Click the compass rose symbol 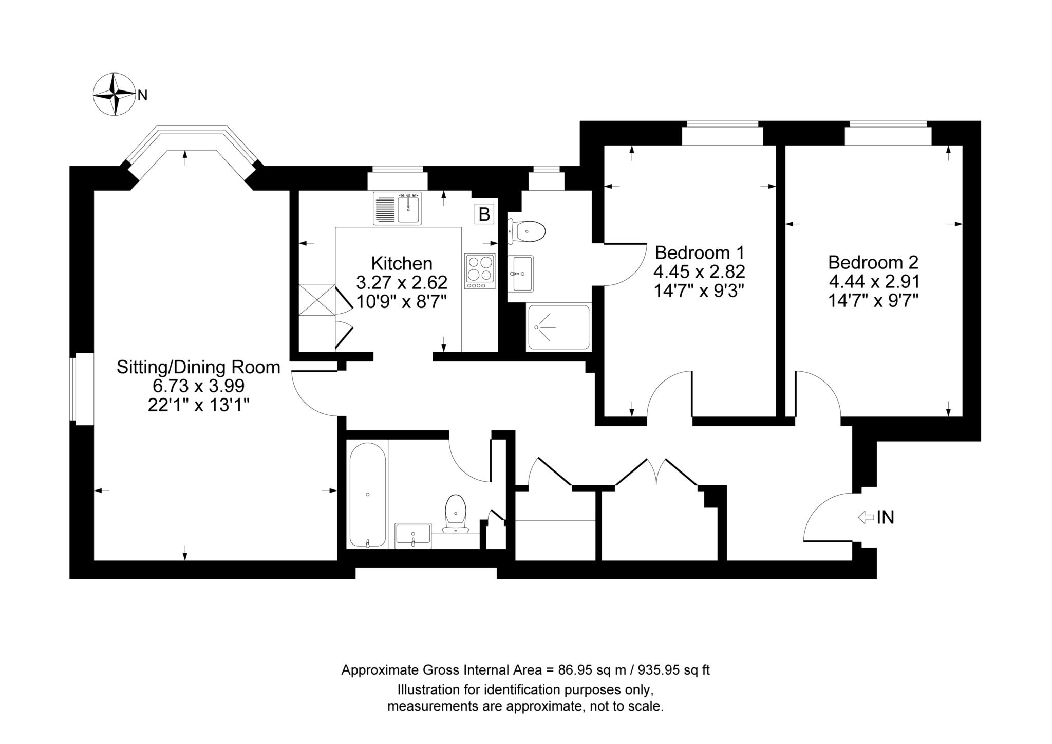(113, 95)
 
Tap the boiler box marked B (484, 213)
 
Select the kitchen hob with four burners (480, 271)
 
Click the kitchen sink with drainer (398, 208)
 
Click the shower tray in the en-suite (558, 327)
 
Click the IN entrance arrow (866, 517)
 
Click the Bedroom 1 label (700, 252)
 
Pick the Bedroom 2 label (873, 262)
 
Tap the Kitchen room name (402, 263)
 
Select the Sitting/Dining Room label (198, 367)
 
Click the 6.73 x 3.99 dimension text (198, 386)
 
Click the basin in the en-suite (520, 273)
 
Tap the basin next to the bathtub (413, 536)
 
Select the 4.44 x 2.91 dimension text (874, 281)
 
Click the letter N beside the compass (142, 95)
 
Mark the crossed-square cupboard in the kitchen (316, 300)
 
